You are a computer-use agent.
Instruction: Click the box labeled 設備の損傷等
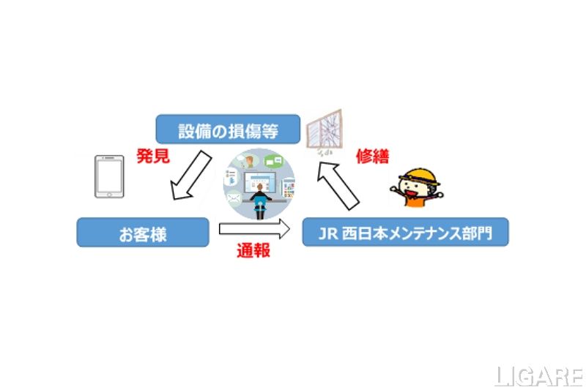click(x=228, y=129)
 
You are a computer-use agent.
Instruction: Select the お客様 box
click(x=143, y=235)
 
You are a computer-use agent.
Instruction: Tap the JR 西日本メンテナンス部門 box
click(x=405, y=235)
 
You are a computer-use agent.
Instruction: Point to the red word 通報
click(x=253, y=251)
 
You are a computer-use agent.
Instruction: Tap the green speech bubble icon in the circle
click(x=276, y=161)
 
